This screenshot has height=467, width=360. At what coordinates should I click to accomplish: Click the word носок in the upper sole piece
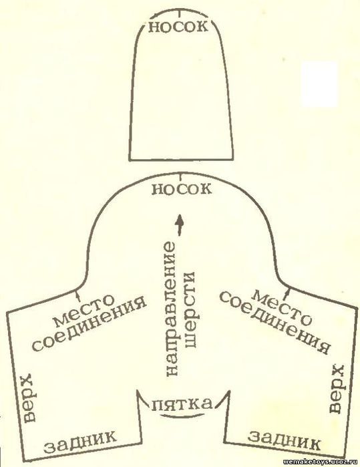(178, 27)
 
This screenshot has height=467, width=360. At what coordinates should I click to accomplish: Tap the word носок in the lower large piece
(182, 189)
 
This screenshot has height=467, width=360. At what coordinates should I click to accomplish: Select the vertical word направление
(171, 311)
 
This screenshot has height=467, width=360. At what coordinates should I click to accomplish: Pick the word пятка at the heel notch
(182, 404)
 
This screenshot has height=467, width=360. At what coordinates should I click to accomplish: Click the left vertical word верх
(29, 398)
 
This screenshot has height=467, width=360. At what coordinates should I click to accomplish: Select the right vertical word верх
(337, 387)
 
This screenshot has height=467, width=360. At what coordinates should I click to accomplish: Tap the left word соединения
(89, 327)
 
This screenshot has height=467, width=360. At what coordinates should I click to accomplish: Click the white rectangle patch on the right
(319, 84)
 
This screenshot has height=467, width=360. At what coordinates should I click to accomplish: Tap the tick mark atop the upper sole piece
(179, 13)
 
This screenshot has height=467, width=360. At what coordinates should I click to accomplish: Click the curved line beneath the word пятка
(182, 415)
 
